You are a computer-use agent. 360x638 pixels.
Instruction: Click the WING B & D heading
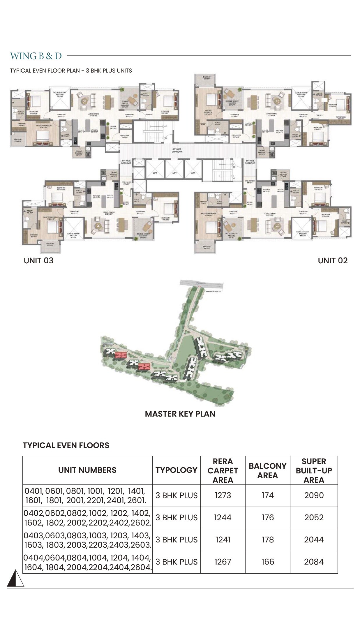click(36, 56)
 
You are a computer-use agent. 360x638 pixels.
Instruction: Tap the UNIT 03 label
click(38, 260)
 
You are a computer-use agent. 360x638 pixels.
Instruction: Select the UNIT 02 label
click(333, 260)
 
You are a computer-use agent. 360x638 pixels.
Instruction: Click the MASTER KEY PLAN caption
click(180, 414)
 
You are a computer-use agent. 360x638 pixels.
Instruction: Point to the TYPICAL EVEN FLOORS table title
click(66, 445)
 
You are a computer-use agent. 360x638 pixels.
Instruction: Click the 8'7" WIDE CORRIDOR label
click(177, 150)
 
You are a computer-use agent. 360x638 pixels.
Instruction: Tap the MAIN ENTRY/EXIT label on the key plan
click(213, 291)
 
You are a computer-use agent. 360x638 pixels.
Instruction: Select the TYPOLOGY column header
click(176, 470)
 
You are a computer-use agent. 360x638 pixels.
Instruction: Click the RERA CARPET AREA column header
click(223, 470)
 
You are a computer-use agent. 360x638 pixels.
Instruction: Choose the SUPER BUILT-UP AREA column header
click(314, 470)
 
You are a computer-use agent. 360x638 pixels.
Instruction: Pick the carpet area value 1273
click(223, 495)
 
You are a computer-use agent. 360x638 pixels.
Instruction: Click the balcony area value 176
click(268, 517)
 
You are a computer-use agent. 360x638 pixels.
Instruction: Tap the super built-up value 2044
click(314, 540)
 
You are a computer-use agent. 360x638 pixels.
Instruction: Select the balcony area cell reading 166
click(268, 562)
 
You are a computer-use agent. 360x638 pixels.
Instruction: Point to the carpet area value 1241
click(223, 540)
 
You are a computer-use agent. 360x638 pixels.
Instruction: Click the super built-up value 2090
click(314, 495)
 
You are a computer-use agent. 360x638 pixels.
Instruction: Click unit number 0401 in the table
click(34, 491)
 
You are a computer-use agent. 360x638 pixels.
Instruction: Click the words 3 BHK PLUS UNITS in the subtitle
click(109, 71)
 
